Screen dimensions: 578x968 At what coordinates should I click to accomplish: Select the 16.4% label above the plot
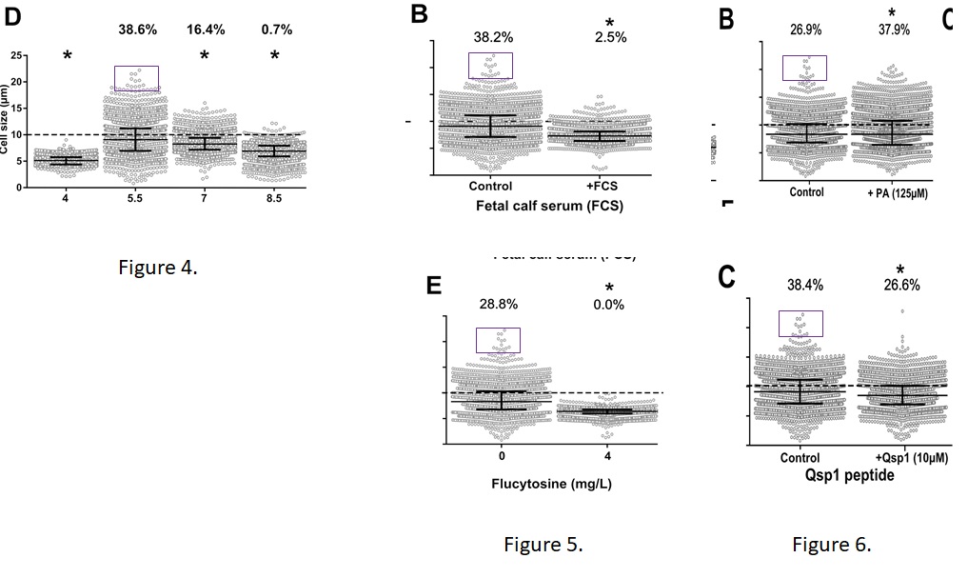click(x=205, y=30)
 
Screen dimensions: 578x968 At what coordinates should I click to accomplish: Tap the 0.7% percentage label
click(x=277, y=30)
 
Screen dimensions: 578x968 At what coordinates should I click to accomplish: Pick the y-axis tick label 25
click(x=14, y=55)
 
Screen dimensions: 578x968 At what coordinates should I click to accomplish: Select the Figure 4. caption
click(x=158, y=267)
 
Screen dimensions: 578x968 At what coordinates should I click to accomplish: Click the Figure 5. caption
click(x=543, y=545)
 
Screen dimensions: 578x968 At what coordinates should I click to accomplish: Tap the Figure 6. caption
click(x=831, y=545)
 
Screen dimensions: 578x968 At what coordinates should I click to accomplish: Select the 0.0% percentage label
click(x=609, y=305)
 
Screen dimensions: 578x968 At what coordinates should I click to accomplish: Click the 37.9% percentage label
click(x=894, y=30)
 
